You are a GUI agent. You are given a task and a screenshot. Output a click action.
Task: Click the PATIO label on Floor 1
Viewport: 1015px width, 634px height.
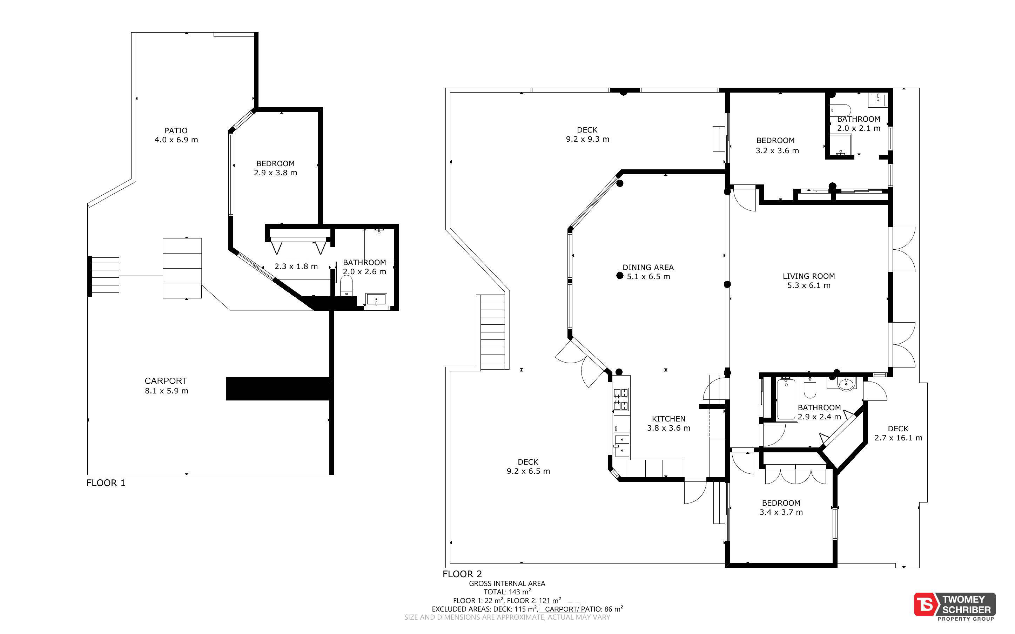[176, 130]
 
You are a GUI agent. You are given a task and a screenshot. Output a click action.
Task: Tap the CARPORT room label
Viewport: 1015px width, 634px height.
[166, 381]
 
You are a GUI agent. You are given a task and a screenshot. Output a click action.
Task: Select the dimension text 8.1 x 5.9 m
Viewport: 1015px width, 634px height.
[167, 391]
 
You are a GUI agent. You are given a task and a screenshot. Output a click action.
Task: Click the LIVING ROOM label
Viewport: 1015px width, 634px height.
[809, 276]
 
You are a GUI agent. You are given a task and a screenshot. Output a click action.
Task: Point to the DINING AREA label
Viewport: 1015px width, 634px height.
[648, 267]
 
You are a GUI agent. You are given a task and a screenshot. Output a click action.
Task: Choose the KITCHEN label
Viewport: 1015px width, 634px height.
[669, 418]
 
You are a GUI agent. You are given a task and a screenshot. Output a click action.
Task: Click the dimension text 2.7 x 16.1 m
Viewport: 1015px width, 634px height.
[899, 438]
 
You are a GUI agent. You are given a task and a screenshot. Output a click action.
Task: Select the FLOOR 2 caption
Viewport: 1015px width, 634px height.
[462, 574]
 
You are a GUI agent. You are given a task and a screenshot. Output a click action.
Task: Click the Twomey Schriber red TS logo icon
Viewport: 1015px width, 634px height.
[926, 604]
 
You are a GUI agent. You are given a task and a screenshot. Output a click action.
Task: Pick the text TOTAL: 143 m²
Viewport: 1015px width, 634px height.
[507, 592]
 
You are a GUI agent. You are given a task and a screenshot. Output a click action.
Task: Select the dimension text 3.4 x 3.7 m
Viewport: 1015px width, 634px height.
[781, 512]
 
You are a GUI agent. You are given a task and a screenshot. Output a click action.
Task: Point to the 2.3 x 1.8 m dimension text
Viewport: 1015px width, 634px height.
[296, 266]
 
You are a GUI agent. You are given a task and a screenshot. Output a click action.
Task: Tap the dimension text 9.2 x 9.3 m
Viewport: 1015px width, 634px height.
[587, 139]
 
